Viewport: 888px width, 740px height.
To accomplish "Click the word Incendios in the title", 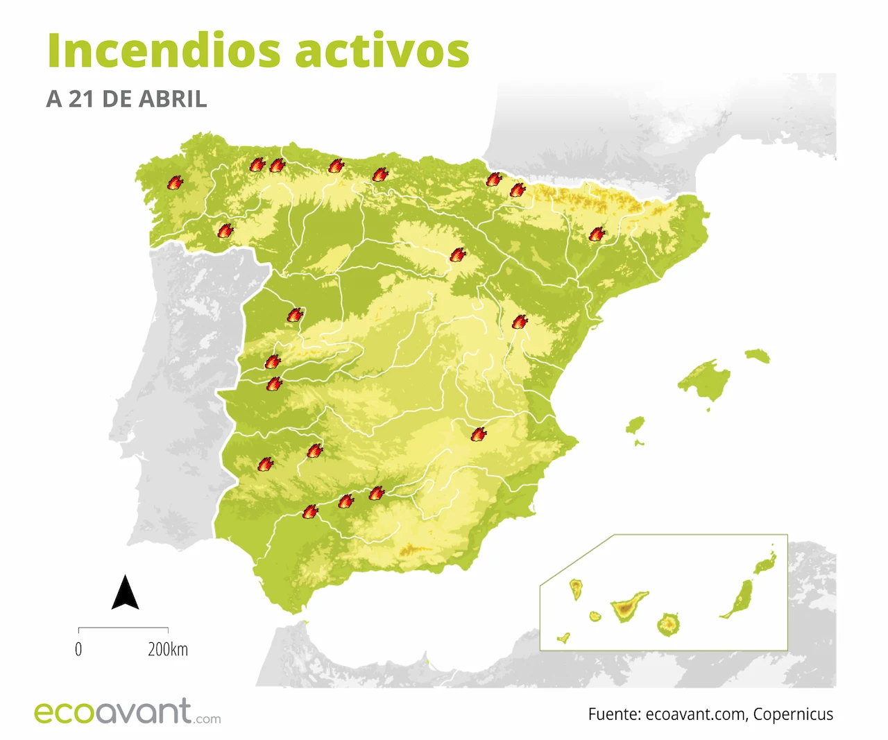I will (x=164, y=51).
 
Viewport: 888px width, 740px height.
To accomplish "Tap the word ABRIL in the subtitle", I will (x=173, y=99).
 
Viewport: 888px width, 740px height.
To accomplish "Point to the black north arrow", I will (x=125, y=592).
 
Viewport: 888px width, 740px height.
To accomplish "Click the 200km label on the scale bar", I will (x=168, y=649).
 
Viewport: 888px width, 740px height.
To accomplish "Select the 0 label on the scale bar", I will (x=78, y=649).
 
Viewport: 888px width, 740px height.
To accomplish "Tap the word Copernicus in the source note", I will (x=793, y=714).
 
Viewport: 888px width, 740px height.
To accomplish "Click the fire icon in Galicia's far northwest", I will (x=175, y=182).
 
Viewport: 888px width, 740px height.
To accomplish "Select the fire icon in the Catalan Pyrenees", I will (x=597, y=234).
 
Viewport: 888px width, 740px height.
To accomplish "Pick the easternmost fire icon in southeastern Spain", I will (x=479, y=434).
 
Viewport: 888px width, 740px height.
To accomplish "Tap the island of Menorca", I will (x=758, y=356).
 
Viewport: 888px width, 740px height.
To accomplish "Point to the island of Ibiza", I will (x=635, y=425).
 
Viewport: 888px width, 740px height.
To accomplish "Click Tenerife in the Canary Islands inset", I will (x=627, y=608).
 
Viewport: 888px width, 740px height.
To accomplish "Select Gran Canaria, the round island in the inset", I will (x=668, y=625).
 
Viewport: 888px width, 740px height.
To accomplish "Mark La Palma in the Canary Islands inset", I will (x=576, y=590).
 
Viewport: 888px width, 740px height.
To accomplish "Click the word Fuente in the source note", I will (x=613, y=714).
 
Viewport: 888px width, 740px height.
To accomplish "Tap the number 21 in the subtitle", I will (x=81, y=99).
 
